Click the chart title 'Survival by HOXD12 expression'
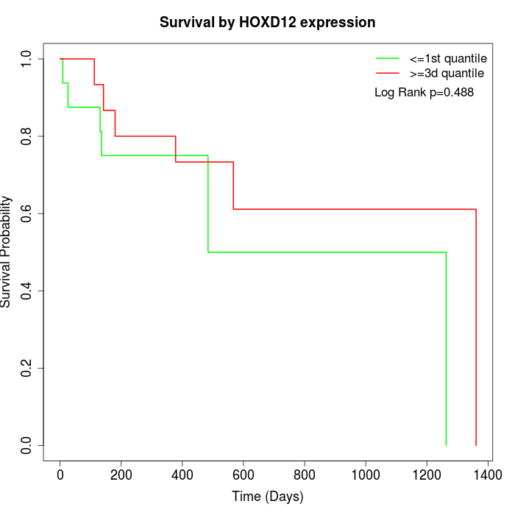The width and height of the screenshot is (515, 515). pos(268,23)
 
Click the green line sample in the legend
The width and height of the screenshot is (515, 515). pos(388,58)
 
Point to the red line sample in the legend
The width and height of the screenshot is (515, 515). pos(388,73)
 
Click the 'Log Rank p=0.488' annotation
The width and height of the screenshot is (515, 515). pos(424,93)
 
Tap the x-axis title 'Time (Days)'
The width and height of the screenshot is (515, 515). pos(268,497)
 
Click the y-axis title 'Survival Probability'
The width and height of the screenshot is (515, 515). pos(7,252)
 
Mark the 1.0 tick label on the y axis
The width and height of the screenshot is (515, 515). pos(27,58)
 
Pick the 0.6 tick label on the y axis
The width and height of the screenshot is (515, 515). pos(27,213)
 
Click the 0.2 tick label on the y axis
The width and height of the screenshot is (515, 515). pos(27,368)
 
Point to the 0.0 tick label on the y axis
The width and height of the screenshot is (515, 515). pos(27,445)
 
